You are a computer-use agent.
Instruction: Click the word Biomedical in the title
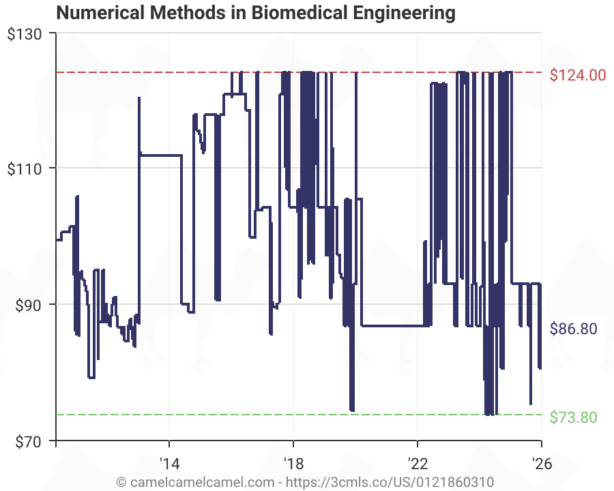(x=282, y=12)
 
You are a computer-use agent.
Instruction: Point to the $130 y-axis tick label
(x=24, y=33)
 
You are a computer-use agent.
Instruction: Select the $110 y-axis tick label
(x=24, y=168)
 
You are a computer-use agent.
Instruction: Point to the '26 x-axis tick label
(x=541, y=462)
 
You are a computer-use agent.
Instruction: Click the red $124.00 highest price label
(x=577, y=75)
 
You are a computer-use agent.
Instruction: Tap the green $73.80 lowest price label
(x=573, y=417)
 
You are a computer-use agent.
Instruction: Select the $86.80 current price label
(x=573, y=329)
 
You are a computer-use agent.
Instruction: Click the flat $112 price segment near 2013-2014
(x=160, y=155)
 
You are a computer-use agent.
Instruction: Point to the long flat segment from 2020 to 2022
(x=392, y=326)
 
